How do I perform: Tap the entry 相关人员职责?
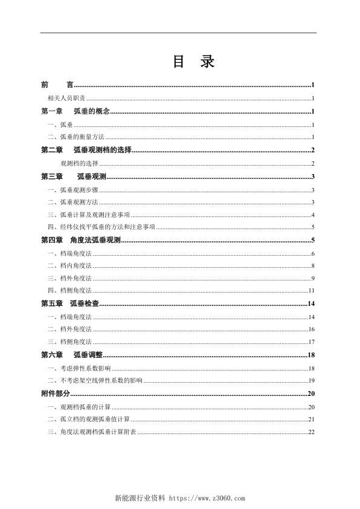(66, 98)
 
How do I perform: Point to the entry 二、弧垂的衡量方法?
(76, 137)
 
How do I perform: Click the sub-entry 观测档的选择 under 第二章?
(80, 163)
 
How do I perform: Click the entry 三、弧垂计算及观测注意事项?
(88, 215)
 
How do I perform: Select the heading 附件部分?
(56, 394)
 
